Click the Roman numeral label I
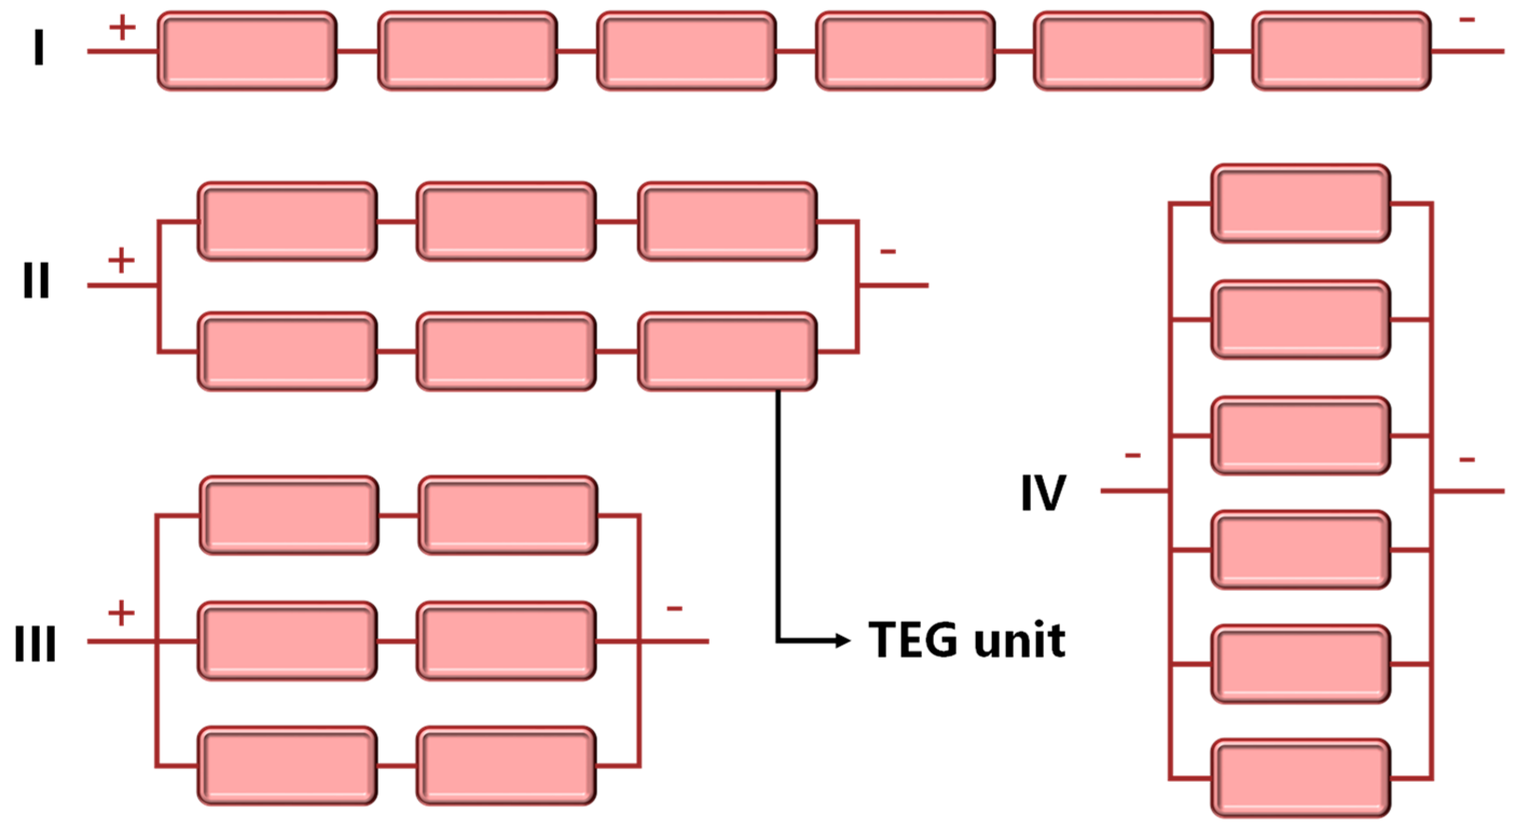click(39, 49)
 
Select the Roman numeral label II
click(36, 280)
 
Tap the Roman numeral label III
click(36, 644)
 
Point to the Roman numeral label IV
click(1043, 493)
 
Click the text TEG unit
click(967, 640)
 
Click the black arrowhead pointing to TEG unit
click(844, 640)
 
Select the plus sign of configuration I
click(122, 27)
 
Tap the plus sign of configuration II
click(121, 260)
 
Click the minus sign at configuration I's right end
click(1467, 20)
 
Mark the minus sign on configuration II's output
click(888, 252)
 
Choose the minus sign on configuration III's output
click(674, 608)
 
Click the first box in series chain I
click(247, 51)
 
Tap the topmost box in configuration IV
click(1301, 203)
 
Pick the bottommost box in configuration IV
click(1301, 777)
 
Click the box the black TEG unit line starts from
click(727, 352)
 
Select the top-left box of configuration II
click(287, 221)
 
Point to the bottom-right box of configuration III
click(506, 766)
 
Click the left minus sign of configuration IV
click(1133, 456)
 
